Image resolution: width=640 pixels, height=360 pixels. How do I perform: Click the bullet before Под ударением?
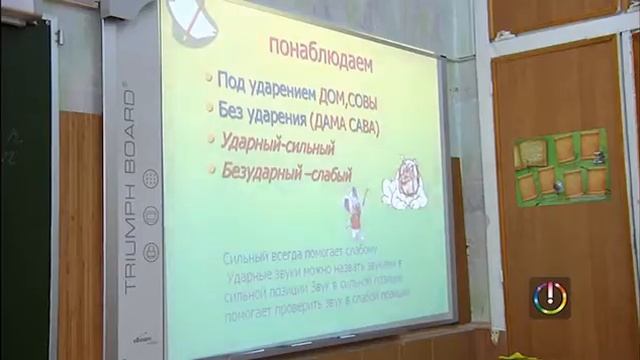point(208,78)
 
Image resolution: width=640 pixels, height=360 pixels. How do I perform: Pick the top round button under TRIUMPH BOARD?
point(151,178)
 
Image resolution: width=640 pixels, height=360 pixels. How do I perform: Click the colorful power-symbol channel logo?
point(549,298)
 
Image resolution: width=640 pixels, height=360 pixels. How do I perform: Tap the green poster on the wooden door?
point(561,165)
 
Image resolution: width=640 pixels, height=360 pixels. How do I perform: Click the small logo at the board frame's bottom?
point(139,341)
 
